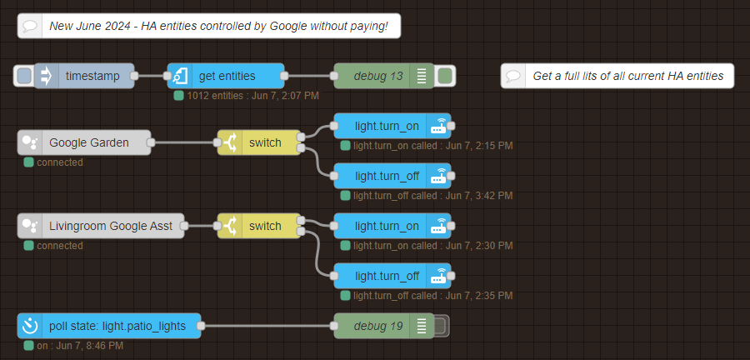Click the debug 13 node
click(x=378, y=77)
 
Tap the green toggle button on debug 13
click(x=445, y=77)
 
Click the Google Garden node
click(x=88, y=142)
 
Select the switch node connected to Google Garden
click(x=265, y=142)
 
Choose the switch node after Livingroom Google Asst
click(x=265, y=226)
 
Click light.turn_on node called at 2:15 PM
click(x=387, y=127)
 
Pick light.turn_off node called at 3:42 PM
click(x=387, y=176)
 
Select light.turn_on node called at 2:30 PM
click(x=387, y=226)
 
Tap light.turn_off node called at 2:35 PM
click(x=387, y=275)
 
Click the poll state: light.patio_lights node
click(x=117, y=326)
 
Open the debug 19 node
click(x=378, y=326)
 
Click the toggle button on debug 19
click(x=442, y=326)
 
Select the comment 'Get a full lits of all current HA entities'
click(x=617, y=77)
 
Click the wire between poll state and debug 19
click(x=267, y=326)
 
